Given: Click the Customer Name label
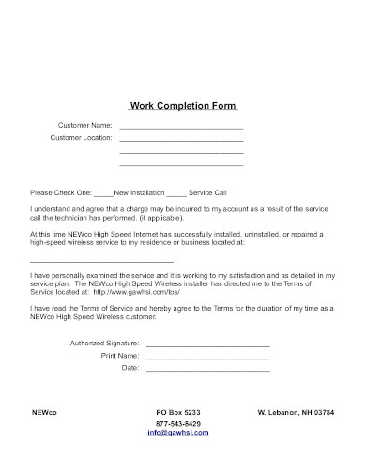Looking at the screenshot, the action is coord(85,125).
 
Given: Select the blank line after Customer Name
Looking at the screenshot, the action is coord(181,126).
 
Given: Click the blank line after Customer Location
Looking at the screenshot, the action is coord(181,139).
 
